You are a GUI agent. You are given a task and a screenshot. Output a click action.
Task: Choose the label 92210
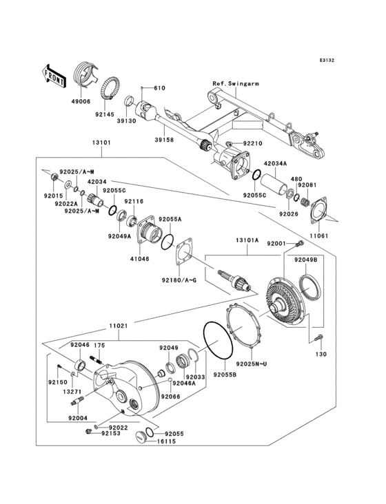point(253,144)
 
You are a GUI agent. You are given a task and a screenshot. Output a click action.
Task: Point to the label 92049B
point(305,260)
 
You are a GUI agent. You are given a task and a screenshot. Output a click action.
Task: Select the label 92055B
point(224,375)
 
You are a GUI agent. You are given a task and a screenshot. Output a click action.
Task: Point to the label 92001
point(276,244)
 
